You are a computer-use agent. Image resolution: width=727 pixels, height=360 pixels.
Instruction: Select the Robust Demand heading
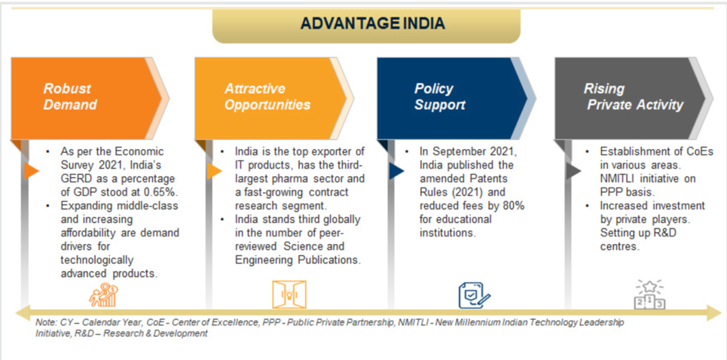tap(70, 97)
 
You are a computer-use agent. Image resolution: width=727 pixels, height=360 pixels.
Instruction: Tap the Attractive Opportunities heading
tap(267, 97)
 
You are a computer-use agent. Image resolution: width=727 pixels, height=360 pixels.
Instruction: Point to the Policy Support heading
tap(439, 97)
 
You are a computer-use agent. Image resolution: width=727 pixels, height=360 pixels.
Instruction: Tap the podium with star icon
tap(649, 294)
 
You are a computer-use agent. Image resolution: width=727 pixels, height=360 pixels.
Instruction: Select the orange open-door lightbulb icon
tap(289, 294)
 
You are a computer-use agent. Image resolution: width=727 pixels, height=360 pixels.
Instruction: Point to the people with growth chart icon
tap(103, 294)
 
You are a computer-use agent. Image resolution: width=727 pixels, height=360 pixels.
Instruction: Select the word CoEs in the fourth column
tap(701, 152)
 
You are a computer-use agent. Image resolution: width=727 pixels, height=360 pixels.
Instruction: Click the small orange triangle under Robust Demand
tap(31, 171)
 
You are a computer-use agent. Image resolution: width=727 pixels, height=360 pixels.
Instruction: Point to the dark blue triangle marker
tap(397, 171)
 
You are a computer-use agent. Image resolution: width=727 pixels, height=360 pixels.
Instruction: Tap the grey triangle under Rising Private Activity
tap(573, 171)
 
